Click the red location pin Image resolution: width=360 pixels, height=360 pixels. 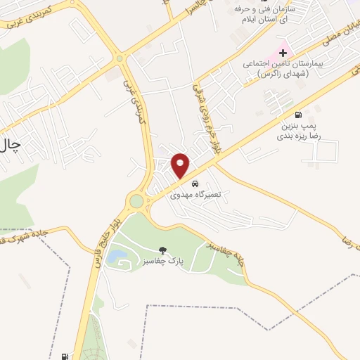[181, 165]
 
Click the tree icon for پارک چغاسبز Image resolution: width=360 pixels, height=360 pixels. [162, 250]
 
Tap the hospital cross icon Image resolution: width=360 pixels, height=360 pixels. [283, 51]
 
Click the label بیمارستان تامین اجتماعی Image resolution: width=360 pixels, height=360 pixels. [286, 67]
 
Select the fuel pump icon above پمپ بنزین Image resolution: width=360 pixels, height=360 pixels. [299, 115]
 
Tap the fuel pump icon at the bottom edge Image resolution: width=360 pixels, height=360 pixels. [65, 356]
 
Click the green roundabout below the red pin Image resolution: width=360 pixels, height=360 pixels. [136, 202]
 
